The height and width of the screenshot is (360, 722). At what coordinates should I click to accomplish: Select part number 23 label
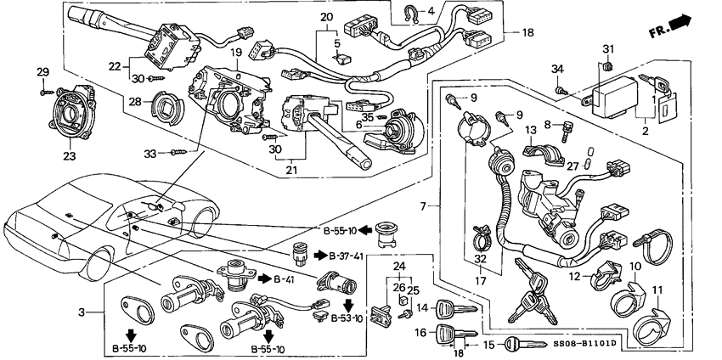69,156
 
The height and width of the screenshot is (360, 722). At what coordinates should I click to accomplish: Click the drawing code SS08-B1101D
585,343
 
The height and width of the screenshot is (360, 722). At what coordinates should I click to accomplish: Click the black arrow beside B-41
264,279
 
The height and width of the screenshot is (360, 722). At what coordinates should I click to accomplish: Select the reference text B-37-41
345,256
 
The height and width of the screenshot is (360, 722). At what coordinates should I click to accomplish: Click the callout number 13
531,129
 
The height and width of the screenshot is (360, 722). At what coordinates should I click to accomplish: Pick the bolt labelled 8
562,132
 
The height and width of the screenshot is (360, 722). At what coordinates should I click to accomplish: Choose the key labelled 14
456,307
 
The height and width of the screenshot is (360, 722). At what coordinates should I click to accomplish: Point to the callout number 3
82,312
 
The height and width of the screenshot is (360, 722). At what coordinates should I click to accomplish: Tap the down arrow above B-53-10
348,305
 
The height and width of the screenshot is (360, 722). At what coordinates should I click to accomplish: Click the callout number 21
291,170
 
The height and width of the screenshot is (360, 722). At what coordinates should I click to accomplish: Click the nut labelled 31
608,67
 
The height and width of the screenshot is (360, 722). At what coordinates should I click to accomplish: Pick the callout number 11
657,290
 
